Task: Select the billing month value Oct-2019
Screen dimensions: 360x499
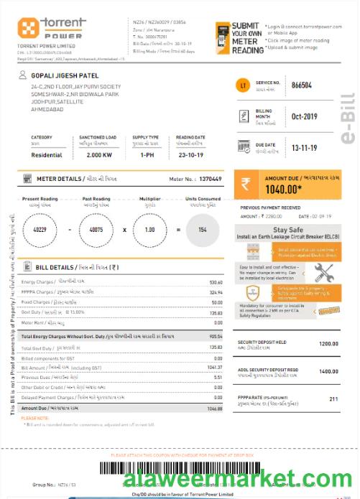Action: [305, 117]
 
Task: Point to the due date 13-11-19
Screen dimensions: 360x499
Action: [305, 147]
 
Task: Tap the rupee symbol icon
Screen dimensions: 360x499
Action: [246, 184]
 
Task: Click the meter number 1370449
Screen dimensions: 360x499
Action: [210, 178]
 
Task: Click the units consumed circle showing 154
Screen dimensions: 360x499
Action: [202, 229]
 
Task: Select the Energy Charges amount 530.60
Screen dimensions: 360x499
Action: [215, 282]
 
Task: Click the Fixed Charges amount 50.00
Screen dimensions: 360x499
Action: [217, 303]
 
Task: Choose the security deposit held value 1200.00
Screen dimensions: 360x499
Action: [328, 344]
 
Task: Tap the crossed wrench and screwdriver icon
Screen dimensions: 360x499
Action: [323, 272]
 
